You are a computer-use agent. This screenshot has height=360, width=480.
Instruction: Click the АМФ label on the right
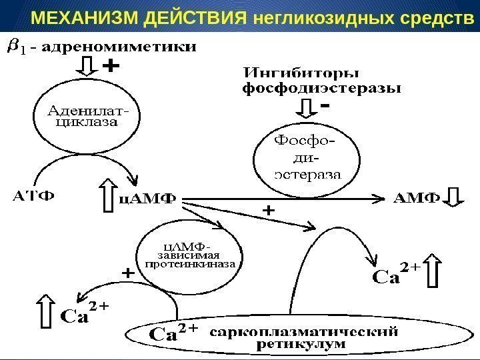click(x=417, y=198)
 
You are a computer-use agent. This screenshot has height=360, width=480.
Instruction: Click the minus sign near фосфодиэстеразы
click(x=326, y=106)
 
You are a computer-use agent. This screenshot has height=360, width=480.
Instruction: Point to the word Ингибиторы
click(x=301, y=72)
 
